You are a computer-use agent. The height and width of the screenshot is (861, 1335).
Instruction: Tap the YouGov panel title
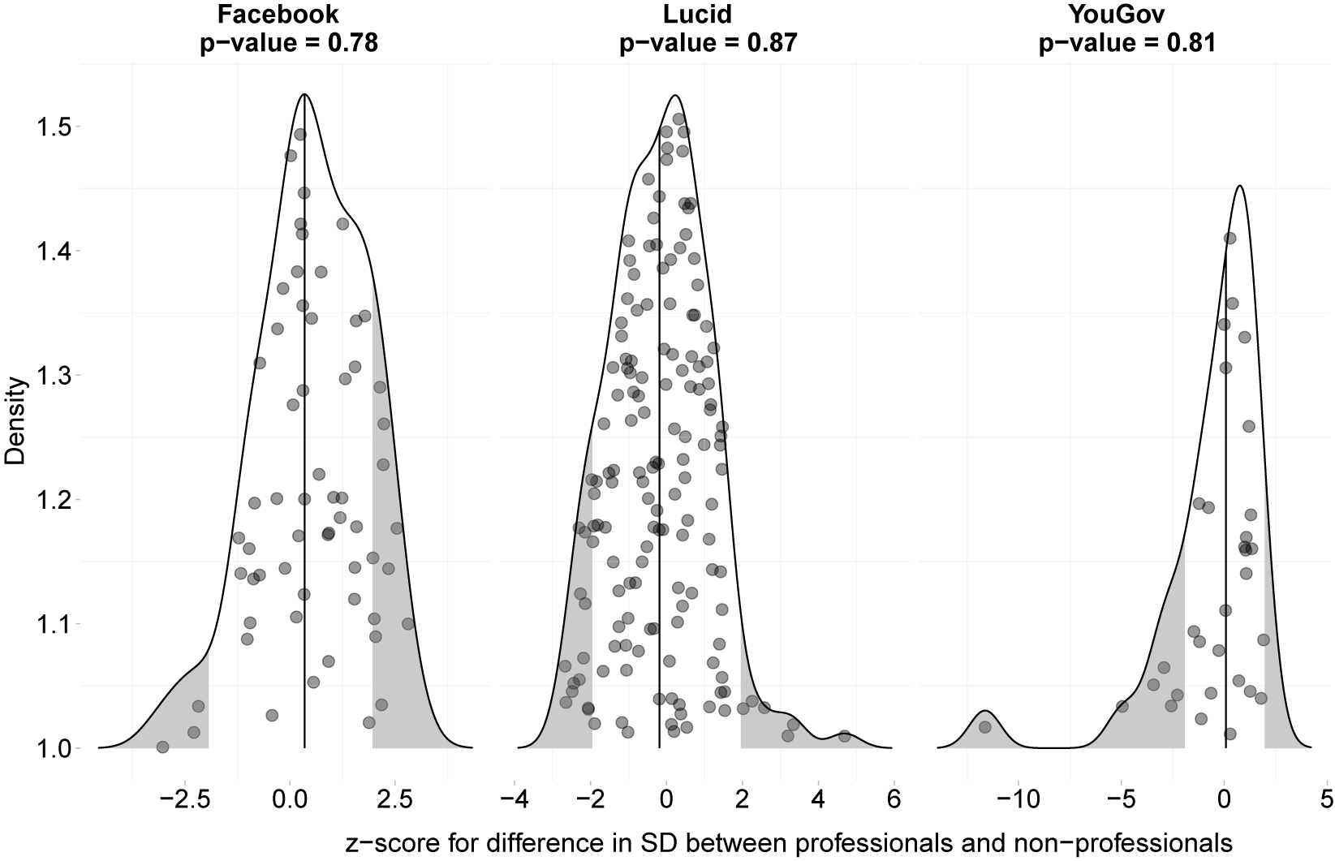pos(1127,14)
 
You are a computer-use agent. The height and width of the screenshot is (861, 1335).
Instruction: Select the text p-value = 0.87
pos(708,42)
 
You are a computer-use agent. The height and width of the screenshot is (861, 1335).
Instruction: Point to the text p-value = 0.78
pos(289,42)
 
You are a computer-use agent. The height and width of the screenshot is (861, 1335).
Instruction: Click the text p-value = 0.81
pos(1127,42)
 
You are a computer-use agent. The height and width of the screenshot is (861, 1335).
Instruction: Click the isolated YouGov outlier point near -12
pos(985,727)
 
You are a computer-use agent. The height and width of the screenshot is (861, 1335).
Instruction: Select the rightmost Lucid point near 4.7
pos(844,736)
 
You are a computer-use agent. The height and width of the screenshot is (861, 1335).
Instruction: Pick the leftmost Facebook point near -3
pos(162,747)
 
